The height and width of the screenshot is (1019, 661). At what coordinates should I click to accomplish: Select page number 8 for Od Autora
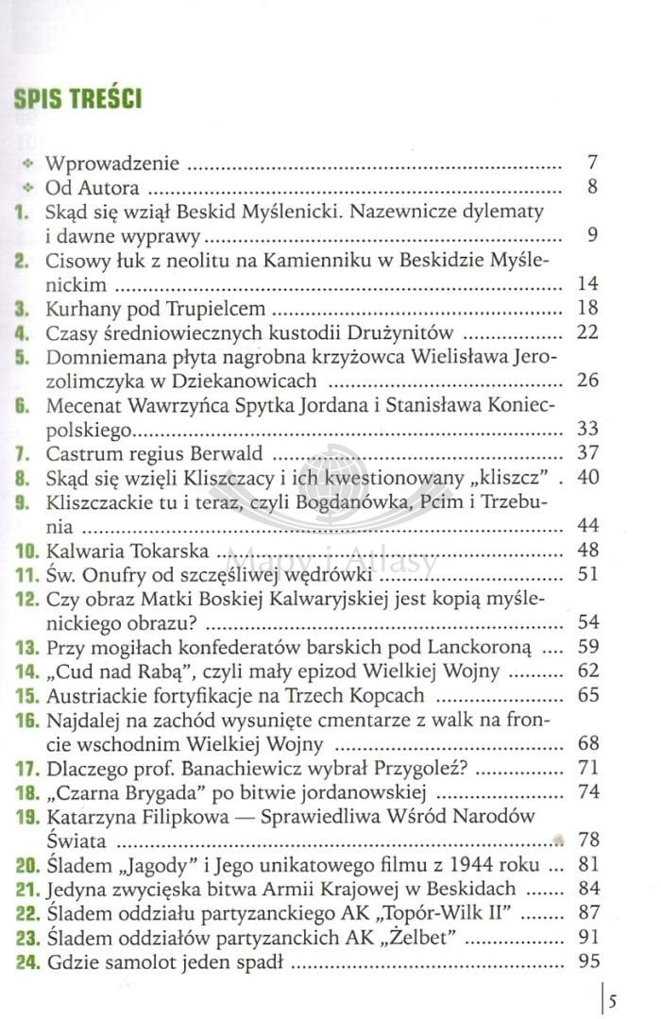591,186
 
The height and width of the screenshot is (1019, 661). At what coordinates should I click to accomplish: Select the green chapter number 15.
24,696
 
